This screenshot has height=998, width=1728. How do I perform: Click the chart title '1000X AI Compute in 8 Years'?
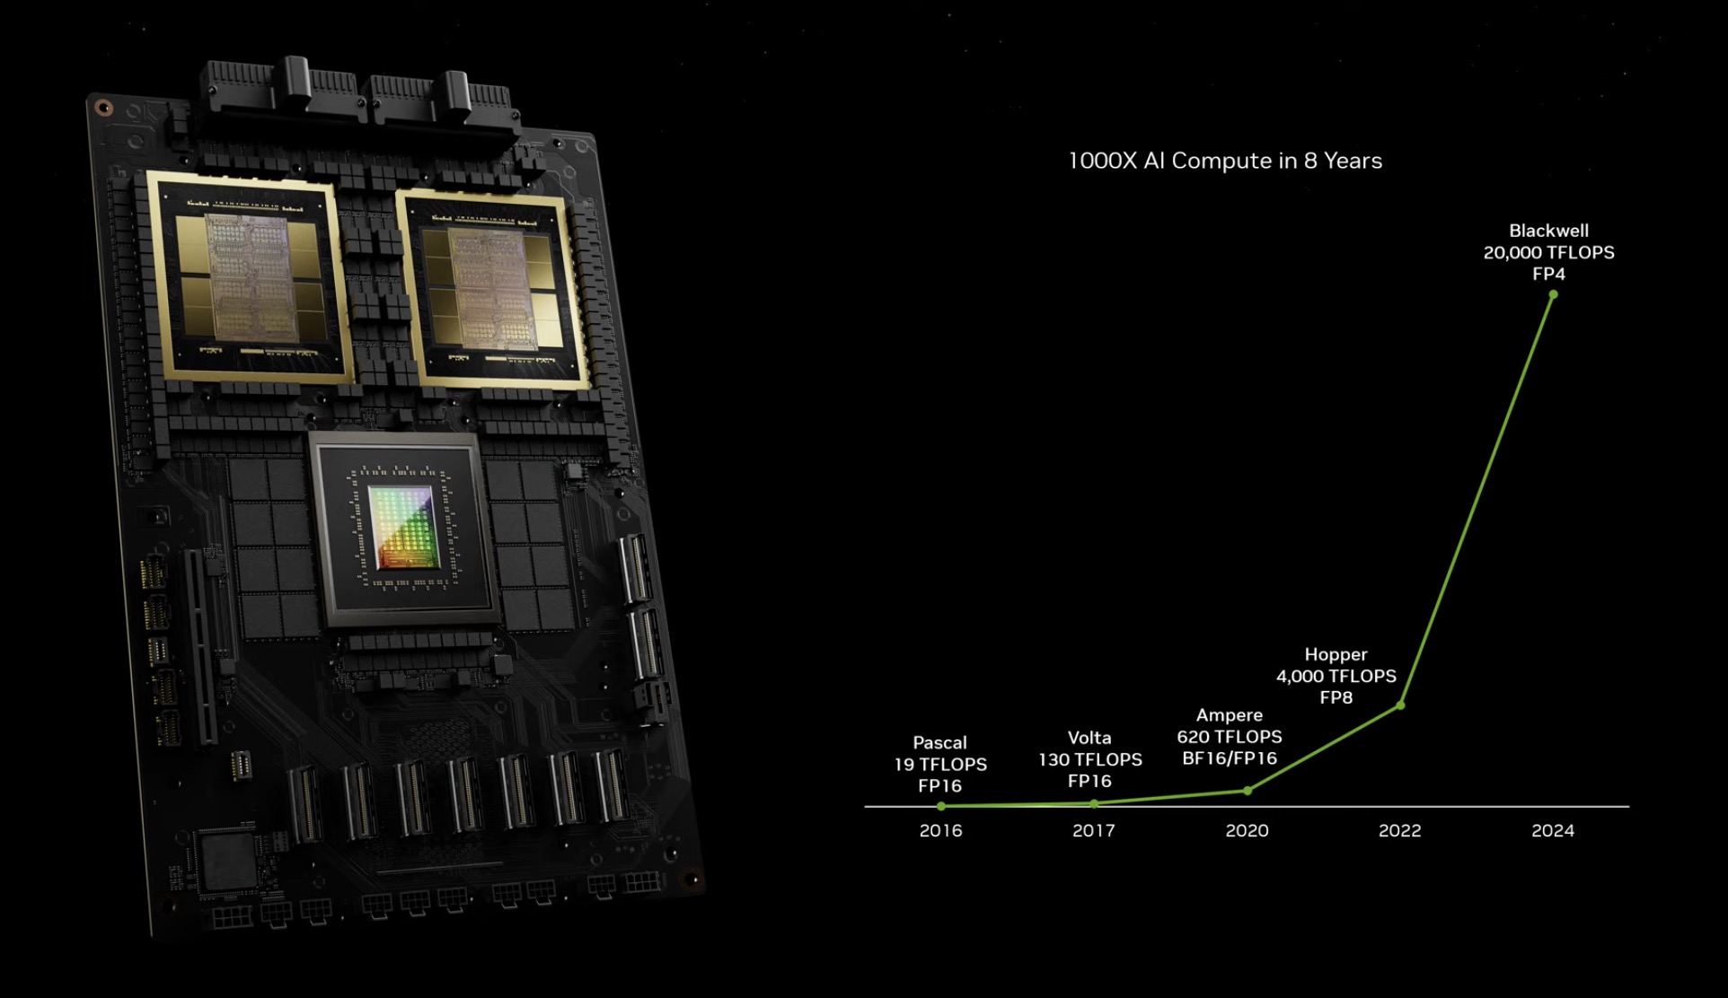click(x=1225, y=161)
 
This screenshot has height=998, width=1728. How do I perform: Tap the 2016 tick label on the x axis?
click(x=940, y=831)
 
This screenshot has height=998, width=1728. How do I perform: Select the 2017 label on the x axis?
click(x=1094, y=831)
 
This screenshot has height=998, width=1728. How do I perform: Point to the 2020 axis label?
click(x=1248, y=831)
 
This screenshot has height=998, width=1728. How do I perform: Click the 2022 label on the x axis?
click(x=1400, y=831)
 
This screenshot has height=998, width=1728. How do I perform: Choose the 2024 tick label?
click(x=1553, y=831)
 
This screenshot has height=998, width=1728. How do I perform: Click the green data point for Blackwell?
click(x=1553, y=294)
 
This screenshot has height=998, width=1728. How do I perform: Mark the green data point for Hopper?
click(x=1400, y=705)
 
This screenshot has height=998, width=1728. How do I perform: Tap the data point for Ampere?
click(x=1248, y=791)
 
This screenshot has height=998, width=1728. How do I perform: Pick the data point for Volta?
click(x=1094, y=803)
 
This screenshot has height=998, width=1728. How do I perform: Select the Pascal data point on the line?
click(x=941, y=806)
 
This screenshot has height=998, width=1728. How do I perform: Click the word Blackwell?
click(x=1548, y=231)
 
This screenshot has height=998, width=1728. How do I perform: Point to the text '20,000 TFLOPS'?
click(x=1548, y=252)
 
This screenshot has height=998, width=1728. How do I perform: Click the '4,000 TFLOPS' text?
click(x=1336, y=676)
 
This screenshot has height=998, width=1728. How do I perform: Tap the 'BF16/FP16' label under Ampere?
click(x=1230, y=758)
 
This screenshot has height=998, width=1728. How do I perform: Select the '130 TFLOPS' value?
click(x=1090, y=759)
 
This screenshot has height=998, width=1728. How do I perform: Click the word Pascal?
click(x=939, y=742)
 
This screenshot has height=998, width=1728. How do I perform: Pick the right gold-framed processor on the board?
click(x=492, y=289)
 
